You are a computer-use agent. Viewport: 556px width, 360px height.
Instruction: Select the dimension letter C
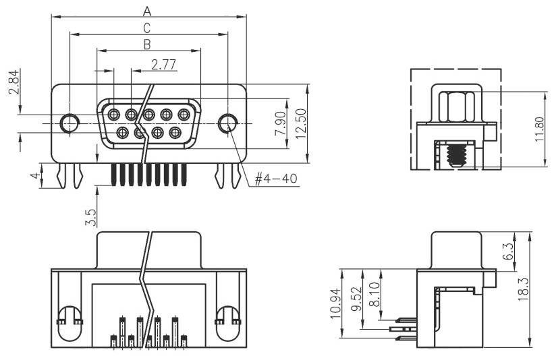[146, 28]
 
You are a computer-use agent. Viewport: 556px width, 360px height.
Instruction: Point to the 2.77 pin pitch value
[164, 65]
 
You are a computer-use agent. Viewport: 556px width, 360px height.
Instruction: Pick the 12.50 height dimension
[302, 123]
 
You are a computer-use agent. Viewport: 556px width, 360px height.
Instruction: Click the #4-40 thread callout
[277, 179]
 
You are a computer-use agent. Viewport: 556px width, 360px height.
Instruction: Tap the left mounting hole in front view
[69, 123]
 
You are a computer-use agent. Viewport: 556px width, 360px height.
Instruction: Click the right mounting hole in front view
[229, 123]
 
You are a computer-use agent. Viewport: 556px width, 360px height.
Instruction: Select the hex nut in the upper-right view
[457, 106]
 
